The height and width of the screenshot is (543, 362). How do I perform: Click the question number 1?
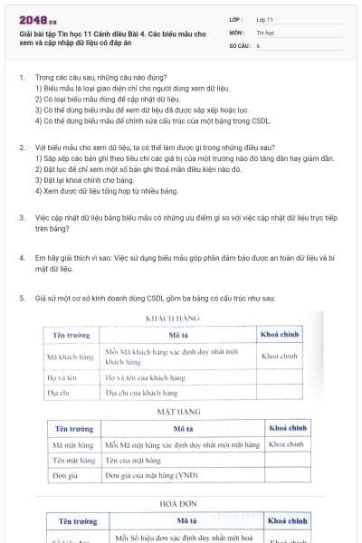coord(21,78)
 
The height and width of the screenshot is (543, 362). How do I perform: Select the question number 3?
coord(21,217)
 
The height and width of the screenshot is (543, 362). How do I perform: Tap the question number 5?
coord(21,298)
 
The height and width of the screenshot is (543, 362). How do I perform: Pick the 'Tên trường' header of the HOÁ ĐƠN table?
coord(78,521)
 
